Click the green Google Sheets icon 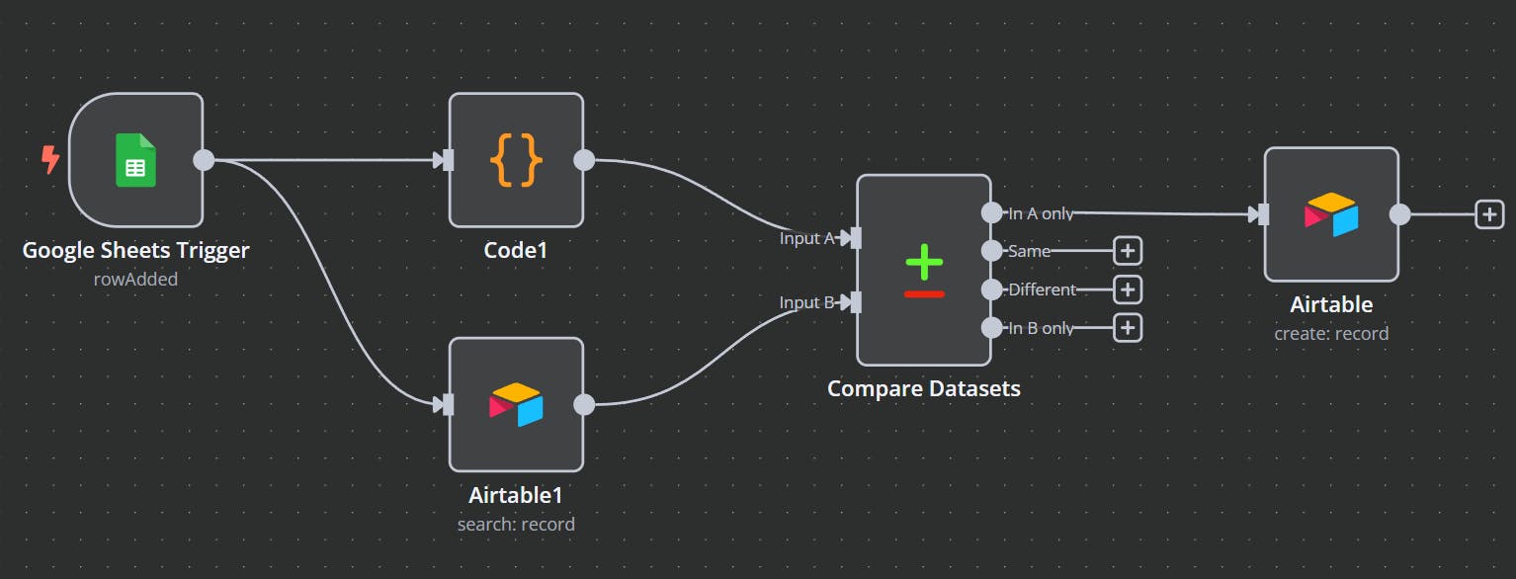[135, 160]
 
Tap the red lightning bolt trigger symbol [49, 159]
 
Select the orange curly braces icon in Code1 [516, 160]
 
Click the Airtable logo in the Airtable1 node [516, 404]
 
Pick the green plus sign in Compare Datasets [924, 261]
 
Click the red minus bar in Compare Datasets [924, 293]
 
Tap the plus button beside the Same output [1128, 251]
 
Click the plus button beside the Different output [1128, 289]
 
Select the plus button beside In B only [1128, 328]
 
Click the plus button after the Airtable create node [1489, 213]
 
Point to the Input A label [806, 238]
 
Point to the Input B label [806, 302]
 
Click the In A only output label [1041, 213]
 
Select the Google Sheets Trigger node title [135, 251]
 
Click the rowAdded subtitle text [135, 280]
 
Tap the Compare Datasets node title [923, 388]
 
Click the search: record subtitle [516, 524]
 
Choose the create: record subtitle [1331, 333]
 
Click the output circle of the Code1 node [584, 160]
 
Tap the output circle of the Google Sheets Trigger [204, 160]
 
